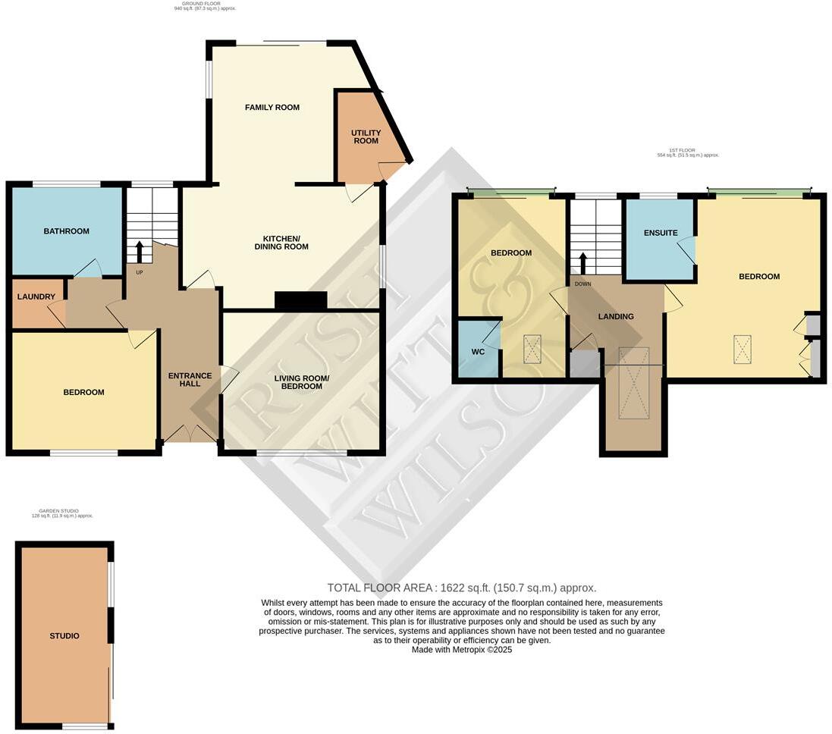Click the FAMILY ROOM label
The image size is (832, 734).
point(272,108)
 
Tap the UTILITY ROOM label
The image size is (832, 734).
point(366,136)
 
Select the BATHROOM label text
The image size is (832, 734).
point(66,231)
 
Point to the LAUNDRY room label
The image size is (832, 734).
point(36,296)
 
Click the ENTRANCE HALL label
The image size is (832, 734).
point(184,379)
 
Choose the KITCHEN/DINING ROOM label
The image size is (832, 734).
point(281,242)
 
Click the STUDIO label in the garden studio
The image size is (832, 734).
point(64,635)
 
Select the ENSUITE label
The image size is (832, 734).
point(661,233)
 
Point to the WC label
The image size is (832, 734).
point(477,352)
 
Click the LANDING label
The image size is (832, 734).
point(615,316)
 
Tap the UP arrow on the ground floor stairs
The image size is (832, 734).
point(139,250)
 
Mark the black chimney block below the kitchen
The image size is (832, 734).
point(300,301)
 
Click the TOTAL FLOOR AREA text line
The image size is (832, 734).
point(461,588)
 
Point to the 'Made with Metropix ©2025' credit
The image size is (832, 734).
point(461,650)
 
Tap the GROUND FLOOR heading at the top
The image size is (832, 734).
point(201,4)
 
